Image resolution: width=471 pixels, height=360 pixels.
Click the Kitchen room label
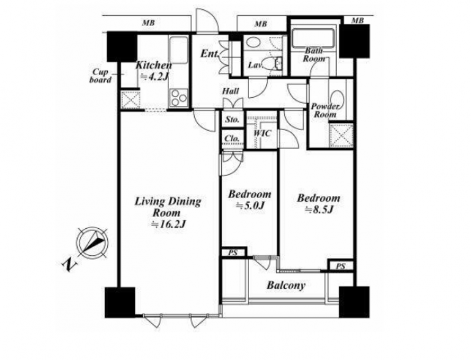[x=154, y=65]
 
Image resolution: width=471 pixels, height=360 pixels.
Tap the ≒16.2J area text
[x=168, y=224]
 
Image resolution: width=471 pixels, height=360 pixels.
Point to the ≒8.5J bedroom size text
[x=319, y=209]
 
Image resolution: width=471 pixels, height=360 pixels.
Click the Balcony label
[x=286, y=285]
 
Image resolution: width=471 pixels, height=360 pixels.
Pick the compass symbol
[x=92, y=242]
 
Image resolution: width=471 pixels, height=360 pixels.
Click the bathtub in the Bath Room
[x=313, y=38]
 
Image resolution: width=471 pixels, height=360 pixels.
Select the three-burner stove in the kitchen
[x=178, y=98]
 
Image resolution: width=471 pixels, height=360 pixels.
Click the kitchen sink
[x=178, y=50]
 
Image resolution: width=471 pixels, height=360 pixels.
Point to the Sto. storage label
[x=233, y=119]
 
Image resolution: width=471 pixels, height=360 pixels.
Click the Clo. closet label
[x=232, y=139]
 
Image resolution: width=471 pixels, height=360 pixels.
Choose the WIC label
[x=262, y=133]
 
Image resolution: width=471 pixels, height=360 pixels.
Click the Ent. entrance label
[x=210, y=54]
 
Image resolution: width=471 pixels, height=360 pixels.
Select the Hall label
[x=231, y=91]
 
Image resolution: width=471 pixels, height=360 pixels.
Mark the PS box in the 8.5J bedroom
[x=340, y=266]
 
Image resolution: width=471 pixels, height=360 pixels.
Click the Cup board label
[x=101, y=76]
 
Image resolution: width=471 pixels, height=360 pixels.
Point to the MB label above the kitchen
[x=148, y=23]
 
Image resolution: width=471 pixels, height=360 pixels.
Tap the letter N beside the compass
[x=69, y=265]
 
